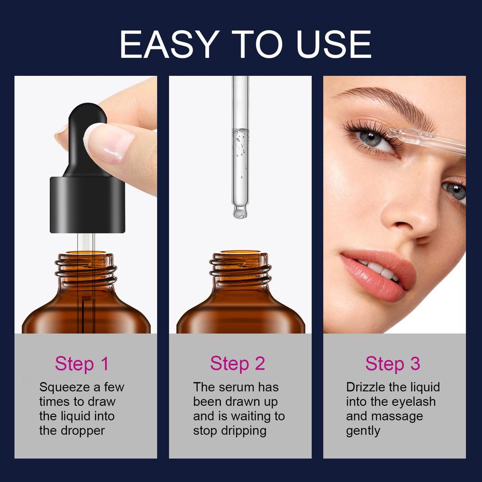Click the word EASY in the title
click(x=167, y=44)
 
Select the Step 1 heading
click(x=81, y=364)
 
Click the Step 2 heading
click(x=238, y=364)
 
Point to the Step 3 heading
click(x=393, y=364)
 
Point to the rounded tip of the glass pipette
click(x=240, y=212)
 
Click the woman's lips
click(x=377, y=275)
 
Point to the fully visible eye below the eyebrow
click(x=374, y=138)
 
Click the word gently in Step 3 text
click(x=363, y=431)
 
